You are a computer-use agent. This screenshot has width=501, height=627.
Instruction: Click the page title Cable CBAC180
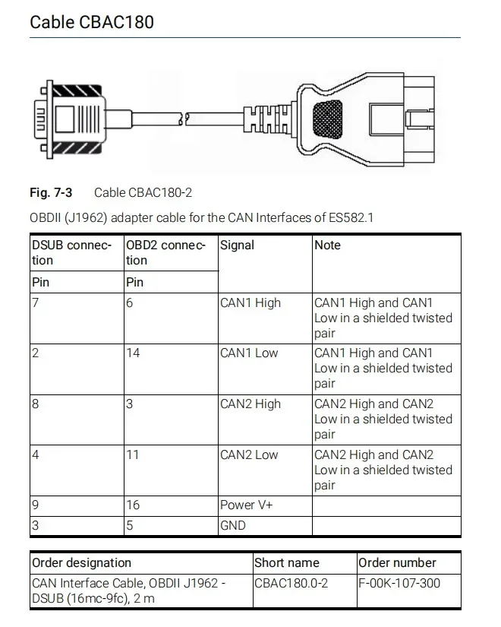click(92, 21)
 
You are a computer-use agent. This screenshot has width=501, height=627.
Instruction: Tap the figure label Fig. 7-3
click(52, 193)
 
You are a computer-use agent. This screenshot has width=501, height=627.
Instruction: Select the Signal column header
click(237, 245)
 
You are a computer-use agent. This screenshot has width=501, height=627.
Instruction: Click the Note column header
click(327, 245)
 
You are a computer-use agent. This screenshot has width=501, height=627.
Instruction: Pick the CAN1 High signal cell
click(250, 303)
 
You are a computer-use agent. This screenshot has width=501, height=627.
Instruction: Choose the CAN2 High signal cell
click(250, 404)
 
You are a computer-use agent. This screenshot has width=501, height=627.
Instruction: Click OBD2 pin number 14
click(133, 353)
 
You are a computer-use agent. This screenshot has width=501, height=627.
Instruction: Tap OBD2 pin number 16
click(133, 505)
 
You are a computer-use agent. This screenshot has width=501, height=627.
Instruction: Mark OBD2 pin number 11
click(132, 455)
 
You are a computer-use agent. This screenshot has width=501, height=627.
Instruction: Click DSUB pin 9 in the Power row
click(36, 505)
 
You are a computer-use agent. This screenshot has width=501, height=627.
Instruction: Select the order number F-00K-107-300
click(399, 584)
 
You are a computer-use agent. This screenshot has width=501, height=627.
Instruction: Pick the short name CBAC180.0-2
click(291, 584)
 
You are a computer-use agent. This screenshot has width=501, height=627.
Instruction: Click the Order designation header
click(81, 563)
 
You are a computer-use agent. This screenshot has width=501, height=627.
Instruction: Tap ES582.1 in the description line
click(351, 218)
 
